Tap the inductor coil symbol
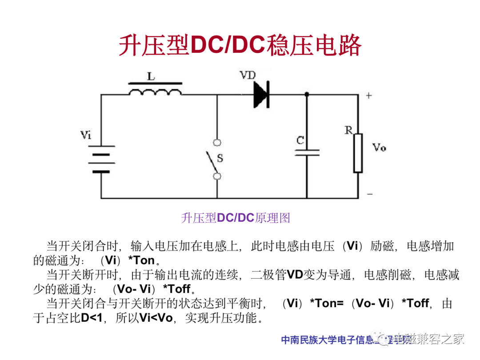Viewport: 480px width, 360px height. (155, 91)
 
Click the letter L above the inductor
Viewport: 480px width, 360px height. (151, 76)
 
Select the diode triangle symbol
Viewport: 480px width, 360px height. (261, 94)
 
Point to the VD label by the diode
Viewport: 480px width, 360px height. (248, 76)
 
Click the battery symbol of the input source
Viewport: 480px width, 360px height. (101, 159)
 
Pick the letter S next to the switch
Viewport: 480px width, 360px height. (220, 158)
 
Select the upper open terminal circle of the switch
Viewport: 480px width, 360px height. (217, 143)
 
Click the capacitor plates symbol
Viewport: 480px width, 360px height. (307, 153)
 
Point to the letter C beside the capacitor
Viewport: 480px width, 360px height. (300, 141)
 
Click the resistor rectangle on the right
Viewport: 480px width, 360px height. (358, 152)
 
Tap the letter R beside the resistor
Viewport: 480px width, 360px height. (348, 130)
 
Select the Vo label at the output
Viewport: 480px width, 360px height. (379, 148)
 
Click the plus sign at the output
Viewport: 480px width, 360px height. (369, 95)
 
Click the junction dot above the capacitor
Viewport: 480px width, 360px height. (307, 94)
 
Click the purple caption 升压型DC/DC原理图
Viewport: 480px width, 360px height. (236, 218)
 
